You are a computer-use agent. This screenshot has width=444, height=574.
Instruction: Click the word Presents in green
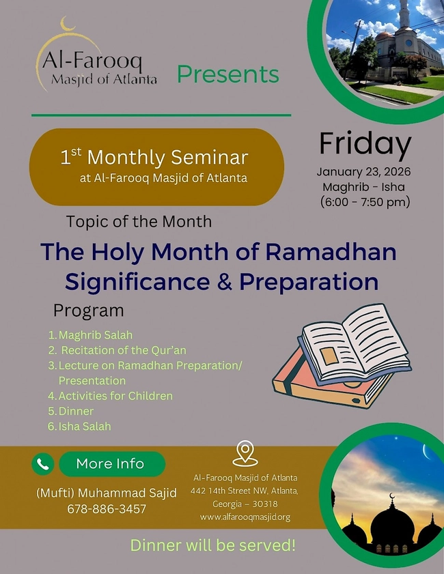(x=228, y=74)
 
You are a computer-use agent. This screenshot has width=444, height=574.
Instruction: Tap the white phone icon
(x=42, y=464)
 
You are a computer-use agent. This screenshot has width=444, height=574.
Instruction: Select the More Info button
(x=111, y=464)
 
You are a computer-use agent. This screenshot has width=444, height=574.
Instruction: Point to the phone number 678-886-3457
(x=107, y=508)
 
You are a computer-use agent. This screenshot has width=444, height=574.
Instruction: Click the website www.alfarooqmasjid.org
(x=245, y=517)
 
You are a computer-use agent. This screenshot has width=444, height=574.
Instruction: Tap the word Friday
(x=365, y=145)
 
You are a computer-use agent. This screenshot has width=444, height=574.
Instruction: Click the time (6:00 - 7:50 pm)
(x=365, y=201)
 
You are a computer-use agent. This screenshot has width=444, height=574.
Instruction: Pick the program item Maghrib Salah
(x=95, y=335)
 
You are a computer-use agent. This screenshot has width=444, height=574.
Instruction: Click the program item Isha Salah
(x=84, y=426)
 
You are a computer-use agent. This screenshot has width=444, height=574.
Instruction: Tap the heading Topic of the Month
(x=139, y=222)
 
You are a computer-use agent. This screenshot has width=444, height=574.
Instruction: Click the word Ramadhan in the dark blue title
(x=331, y=252)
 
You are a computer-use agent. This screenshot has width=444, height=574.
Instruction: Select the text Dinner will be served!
(x=212, y=545)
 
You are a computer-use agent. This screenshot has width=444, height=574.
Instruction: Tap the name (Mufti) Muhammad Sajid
(x=106, y=493)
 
